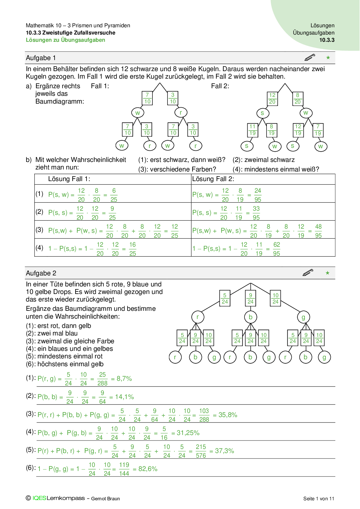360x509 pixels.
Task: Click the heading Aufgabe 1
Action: (41, 58)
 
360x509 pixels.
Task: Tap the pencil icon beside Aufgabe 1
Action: (310, 57)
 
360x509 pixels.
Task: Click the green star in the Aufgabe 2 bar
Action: (327, 273)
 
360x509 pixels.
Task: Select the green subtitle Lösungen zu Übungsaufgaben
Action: (65, 40)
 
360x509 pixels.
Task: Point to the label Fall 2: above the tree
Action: (220, 86)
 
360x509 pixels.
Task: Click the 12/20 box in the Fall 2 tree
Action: (272, 99)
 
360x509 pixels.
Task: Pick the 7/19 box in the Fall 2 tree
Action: (318, 130)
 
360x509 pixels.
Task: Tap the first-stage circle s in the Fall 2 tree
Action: (262, 113)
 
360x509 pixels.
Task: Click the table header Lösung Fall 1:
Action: (69, 179)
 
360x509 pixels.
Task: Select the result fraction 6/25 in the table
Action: (114, 195)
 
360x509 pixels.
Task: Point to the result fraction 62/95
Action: (276, 249)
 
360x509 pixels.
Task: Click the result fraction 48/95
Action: (318, 231)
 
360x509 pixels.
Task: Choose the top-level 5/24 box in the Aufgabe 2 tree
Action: (225, 298)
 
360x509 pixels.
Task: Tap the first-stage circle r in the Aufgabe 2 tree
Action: (198, 317)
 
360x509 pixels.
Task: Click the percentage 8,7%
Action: (124, 379)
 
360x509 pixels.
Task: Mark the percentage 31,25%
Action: (188, 433)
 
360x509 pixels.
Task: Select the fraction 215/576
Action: (201, 451)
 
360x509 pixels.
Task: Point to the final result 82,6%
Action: (148, 469)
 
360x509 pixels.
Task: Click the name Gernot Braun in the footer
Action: (105, 499)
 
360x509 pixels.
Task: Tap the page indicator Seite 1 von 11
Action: (318, 499)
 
